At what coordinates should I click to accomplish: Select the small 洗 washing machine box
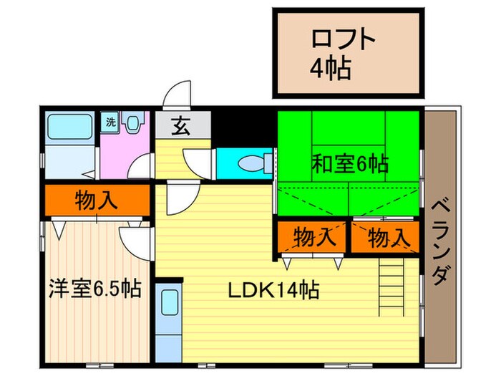111,122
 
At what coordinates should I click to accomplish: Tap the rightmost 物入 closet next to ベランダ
387,237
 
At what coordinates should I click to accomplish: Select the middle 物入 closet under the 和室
313,237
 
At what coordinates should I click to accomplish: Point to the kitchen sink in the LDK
170,301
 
